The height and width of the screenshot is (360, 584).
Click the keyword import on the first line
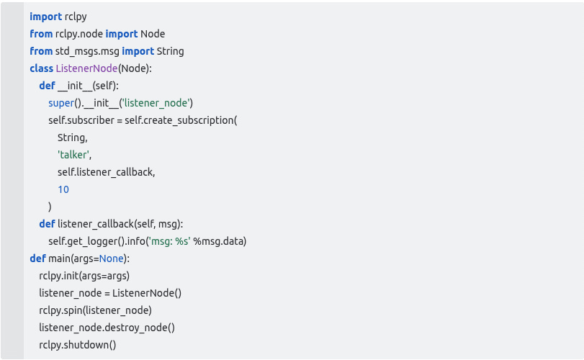45,17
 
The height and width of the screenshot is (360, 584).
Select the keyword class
41,68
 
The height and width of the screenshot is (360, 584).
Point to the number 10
63,189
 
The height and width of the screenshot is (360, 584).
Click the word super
60,103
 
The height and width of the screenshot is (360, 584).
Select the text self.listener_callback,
107,172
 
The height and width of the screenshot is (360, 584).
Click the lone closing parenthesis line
50,207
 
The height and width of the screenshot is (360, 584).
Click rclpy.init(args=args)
84,276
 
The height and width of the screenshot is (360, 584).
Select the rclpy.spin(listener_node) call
95,310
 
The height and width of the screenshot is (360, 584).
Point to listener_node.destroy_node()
107,328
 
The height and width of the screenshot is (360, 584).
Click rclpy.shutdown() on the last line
78,345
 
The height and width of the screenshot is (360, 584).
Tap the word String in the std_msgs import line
169,51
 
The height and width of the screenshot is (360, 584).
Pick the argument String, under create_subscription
73,138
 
